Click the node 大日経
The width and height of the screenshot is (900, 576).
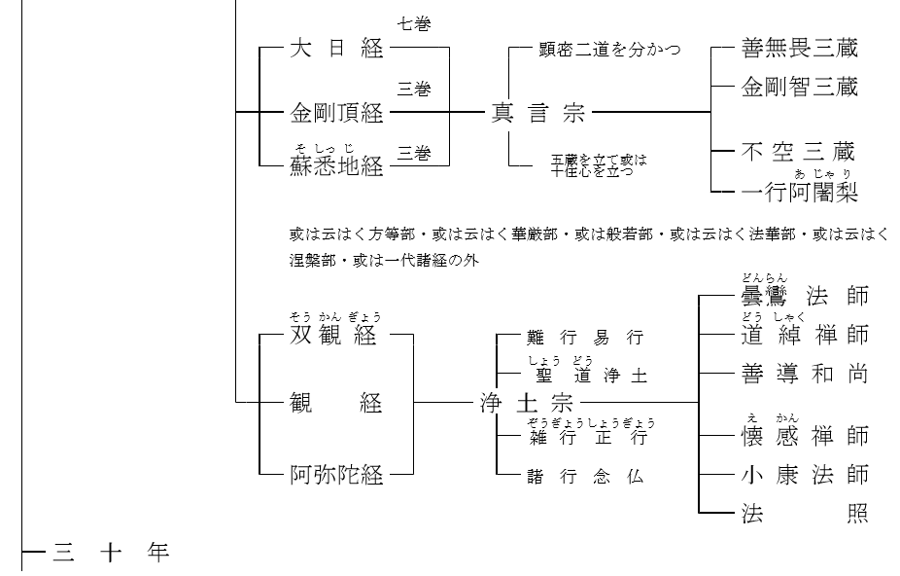coord(337,50)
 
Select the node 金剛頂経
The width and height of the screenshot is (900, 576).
coord(337,114)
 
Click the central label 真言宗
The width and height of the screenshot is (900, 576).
coord(537,114)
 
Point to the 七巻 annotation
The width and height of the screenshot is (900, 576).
coord(414,24)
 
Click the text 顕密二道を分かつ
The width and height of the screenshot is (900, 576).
coord(609,49)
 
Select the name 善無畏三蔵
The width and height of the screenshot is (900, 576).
coord(799,49)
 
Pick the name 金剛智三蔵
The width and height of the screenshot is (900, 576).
coord(799,89)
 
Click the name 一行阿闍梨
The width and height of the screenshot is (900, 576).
coord(799,191)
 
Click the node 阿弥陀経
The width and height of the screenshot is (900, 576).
coord(337,476)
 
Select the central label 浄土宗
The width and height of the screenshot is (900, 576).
coord(528,402)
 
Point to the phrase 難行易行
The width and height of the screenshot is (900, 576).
coord(585,338)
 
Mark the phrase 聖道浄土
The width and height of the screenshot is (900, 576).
coord(585,375)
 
